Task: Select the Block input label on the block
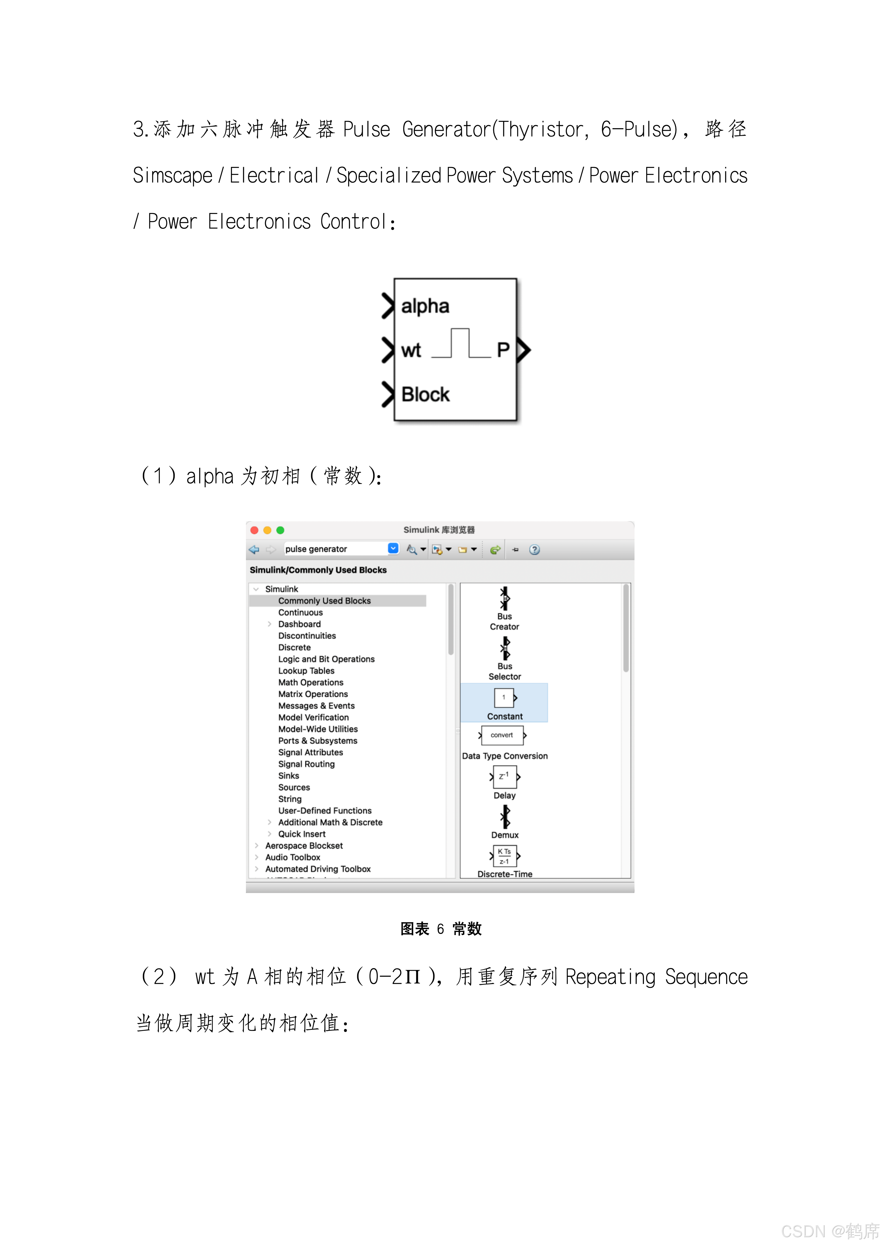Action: coord(425,395)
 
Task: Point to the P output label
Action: coord(503,350)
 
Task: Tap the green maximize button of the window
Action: coord(280,530)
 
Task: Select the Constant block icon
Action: coord(504,698)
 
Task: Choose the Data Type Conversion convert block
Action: coord(502,735)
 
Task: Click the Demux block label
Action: coord(505,835)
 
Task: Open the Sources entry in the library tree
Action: coord(294,788)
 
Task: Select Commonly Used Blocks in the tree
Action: coord(324,601)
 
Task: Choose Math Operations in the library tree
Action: coord(311,683)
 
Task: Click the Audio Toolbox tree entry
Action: coord(293,857)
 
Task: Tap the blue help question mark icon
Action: coord(535,550)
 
